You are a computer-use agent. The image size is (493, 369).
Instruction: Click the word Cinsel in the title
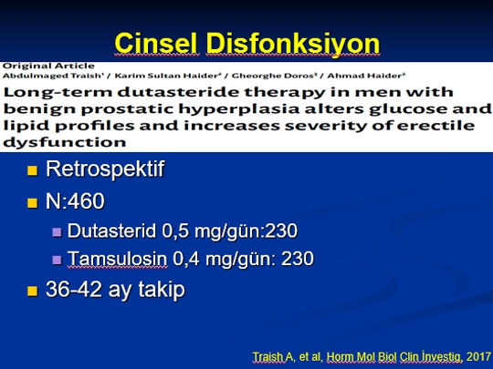point(157,44)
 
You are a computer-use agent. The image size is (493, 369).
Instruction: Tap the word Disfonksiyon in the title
point(293,44)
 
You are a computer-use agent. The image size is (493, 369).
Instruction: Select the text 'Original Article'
point(48,67)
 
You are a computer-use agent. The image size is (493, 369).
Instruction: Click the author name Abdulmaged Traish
point(54,76)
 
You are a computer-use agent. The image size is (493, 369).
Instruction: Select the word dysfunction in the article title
point(65,142)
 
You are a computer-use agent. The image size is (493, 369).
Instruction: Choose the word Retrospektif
point(105,169)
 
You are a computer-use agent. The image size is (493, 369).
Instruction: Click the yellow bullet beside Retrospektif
point(32,170)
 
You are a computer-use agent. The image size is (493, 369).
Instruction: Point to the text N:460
point(75,201)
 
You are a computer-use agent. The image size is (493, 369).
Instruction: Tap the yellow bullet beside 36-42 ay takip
point(32,291)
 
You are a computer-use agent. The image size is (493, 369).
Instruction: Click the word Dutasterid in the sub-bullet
point(111,231)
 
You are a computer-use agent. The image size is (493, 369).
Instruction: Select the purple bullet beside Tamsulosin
point(57,260)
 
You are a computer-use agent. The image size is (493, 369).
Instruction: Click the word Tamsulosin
point(117,259)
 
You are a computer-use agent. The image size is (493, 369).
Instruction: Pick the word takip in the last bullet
point(162,290)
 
